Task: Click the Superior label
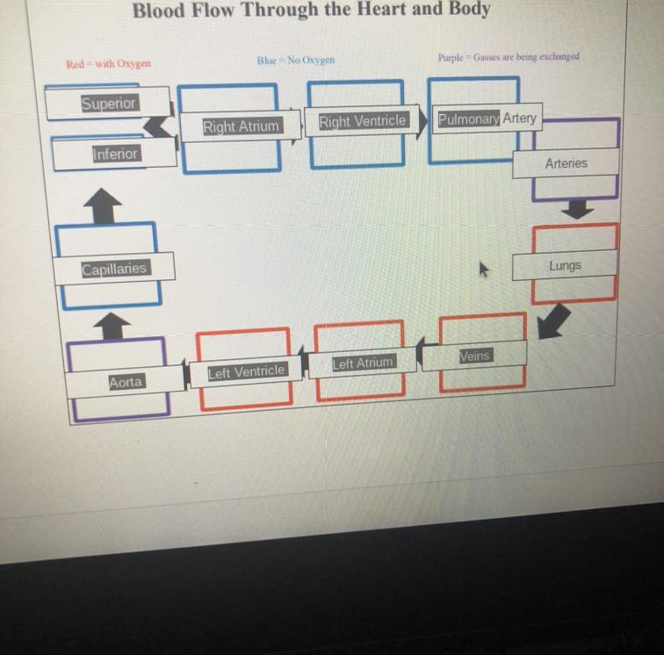pyautogui.click(x=109, y=103)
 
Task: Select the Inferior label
pyautogui.click(x=116, y=154)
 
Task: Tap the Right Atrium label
pyautogui.click(x=241, y=126)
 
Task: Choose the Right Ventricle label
pyautogui.click(x=362, y=121)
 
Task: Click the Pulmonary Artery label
pyautogui.click(x=487, y=118)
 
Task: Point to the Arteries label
pyautogui.click(x=566, y=163)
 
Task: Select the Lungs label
pyautogui.click(x=565, y=265)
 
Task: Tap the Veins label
pyautogui.click(x=475, y=355)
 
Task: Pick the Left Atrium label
pyautogui.click(x=363, y=362)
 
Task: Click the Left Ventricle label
pyautogui.click(x=246, y=371)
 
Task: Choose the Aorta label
pyautogui.click(x=126, y=382)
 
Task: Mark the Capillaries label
pyautogui.click(x=114, y=269)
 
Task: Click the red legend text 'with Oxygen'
pyautogui.click(x=108, y=63)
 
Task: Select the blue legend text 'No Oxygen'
pyautogui.click(x=295, y=60)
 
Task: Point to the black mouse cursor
pyautogui.click(x=483, y=269)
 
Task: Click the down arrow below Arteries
pyautogui.click(x=577, y=209)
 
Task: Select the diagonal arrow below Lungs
pyautogui.click(x=552, y=320)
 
